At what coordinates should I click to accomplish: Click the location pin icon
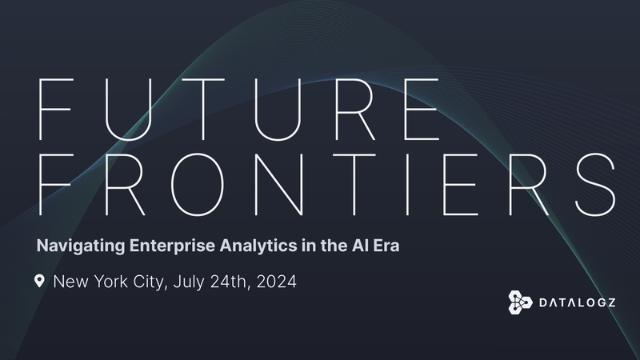pyautogui.click(x=39, y=282)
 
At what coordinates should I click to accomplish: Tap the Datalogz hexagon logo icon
pyautogui.click(x=521, y=302)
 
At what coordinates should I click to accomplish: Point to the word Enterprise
pyautogui.click(x=162, y=246)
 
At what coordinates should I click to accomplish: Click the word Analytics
pyautogui.click(x=246, y=246)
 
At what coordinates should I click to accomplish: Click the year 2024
pyautogui.click(x=276, y=282)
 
